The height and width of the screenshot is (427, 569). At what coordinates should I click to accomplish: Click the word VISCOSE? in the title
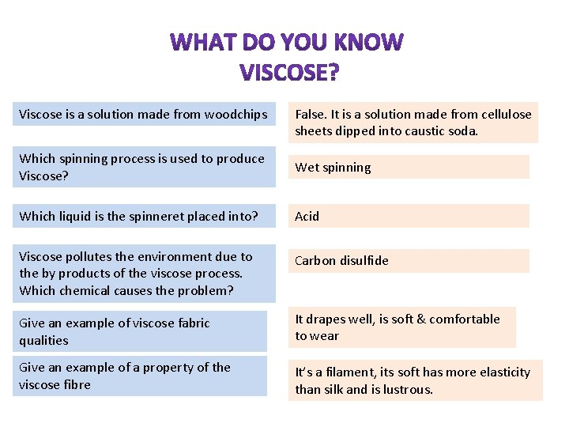coord(289,73)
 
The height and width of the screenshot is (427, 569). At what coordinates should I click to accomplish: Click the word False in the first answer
coord(311,115)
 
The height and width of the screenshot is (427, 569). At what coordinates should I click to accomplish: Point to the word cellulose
coord(503,115)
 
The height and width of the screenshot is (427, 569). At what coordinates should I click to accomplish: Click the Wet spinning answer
coord(333,167)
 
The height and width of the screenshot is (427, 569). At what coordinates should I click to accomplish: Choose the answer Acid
coord(307,216)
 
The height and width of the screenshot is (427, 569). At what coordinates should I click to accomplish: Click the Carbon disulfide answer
coord(341,260)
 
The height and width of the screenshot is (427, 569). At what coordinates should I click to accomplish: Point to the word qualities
coord(43,341)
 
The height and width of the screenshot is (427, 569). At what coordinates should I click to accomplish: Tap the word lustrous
coord(409,389)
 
